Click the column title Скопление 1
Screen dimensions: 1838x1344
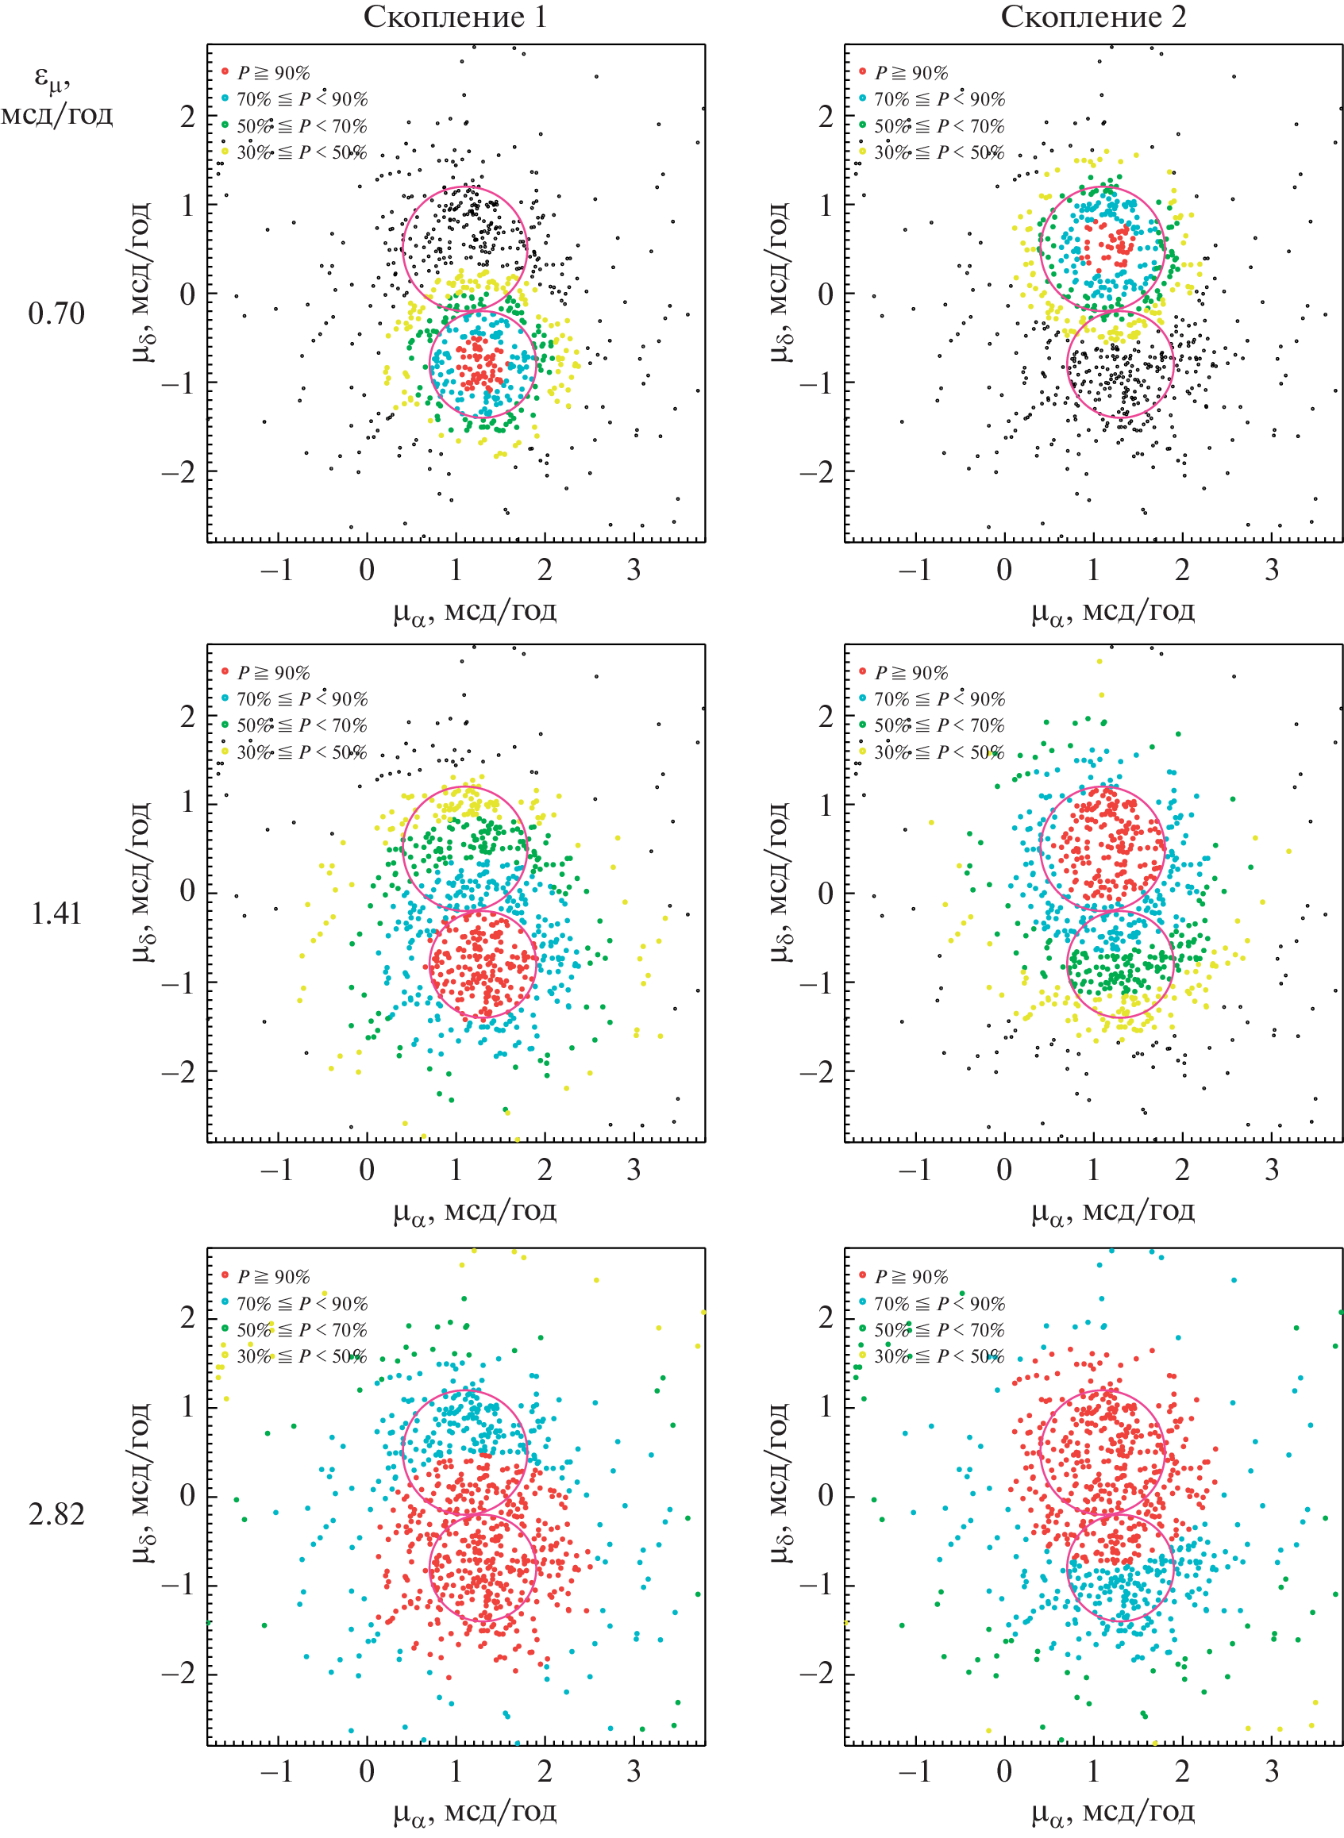[x=455, y=17]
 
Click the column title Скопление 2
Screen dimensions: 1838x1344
[x=1092, y=17]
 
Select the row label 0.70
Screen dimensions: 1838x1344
[x=56, y=314]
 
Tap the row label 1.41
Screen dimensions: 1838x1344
[x=56, y=914]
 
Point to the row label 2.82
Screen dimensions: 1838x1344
[x=56, y=1514]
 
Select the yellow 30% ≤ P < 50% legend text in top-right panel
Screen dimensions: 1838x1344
[x=939, y=152]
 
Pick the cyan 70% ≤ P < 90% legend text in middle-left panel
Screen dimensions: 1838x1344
[x=302, y=698]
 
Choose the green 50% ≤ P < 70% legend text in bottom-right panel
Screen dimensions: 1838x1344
[x=939, y=1330]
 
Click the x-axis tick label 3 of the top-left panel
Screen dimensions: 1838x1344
[x=633, y=570]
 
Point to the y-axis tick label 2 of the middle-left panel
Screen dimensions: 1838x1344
[x=188, y=717]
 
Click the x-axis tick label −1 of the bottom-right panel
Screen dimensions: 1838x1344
[x=914, y=1772]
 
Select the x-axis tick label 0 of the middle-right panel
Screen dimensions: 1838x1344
[x=1004, y=1171]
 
